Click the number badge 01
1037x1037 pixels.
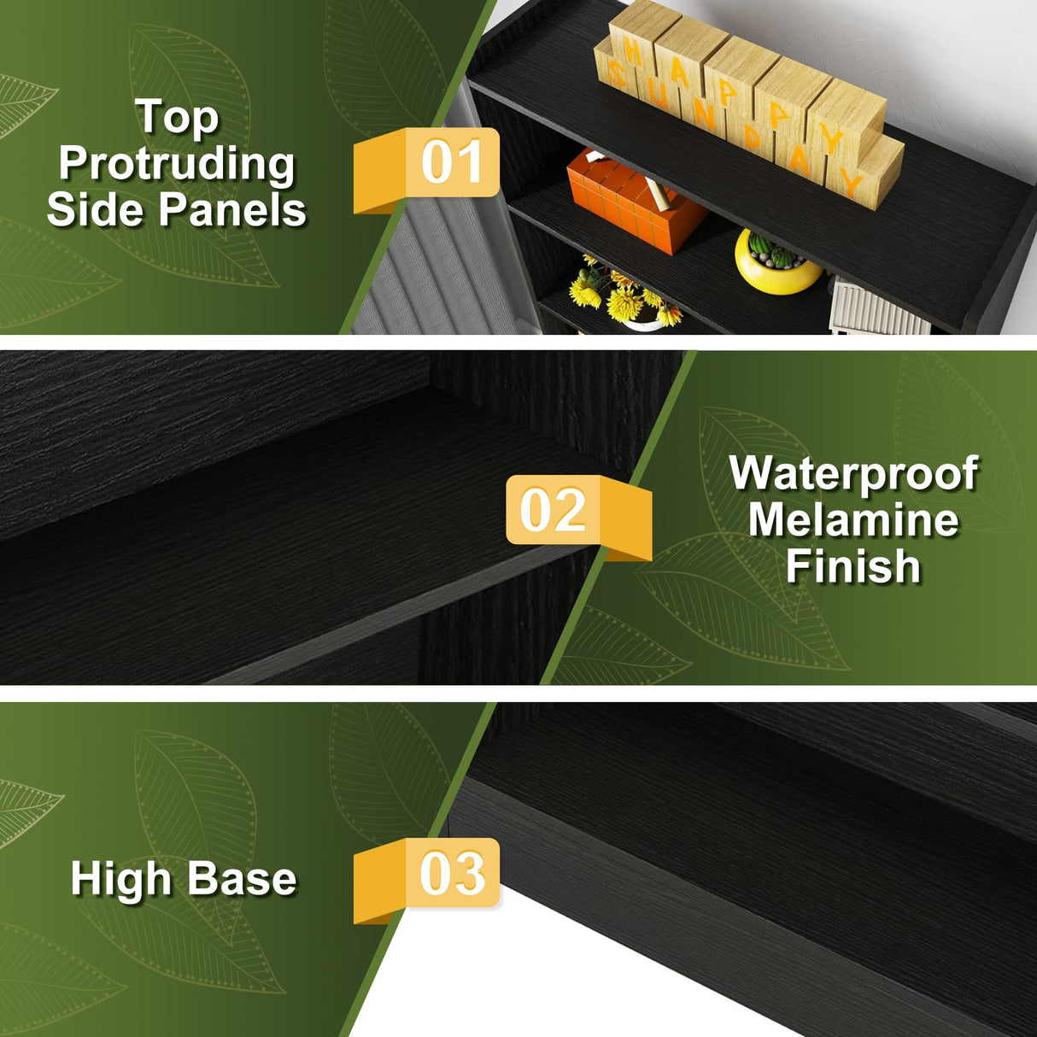(x=426, y=170)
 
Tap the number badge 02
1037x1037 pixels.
(x=578, y=517)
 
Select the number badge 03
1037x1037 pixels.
(x=426, y=881)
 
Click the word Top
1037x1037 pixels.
(x=178, y=118)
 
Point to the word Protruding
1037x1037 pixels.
(x=177, y=164)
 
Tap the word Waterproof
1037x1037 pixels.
(x=853, y=474)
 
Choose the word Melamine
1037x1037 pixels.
(x=853, y=520)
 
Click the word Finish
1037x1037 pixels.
(x=853, y=566)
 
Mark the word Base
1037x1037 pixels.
(x=242, y=879)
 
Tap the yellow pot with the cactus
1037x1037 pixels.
(x=778, y=262)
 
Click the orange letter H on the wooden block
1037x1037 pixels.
(x=634, y=53)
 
